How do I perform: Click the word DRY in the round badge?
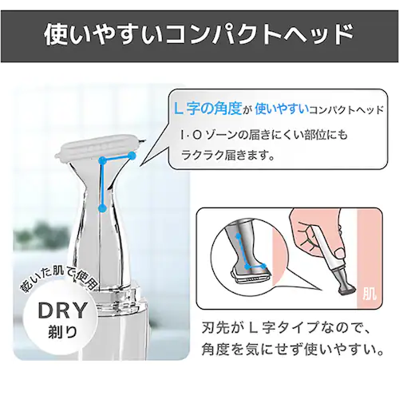63,310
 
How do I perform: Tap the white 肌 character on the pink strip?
369,294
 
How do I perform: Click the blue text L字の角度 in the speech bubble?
207,109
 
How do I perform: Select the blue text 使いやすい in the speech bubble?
282,109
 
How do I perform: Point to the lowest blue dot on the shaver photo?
102,208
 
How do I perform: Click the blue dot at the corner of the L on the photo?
102,160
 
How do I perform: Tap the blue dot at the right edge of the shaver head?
132,156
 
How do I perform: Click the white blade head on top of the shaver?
98,149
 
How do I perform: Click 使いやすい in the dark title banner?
103,35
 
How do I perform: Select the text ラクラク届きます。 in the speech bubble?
227,155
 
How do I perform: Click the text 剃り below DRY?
63,332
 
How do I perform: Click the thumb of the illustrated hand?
339,253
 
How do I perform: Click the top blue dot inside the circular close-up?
238,235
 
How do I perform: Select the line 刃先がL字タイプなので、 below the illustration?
285,328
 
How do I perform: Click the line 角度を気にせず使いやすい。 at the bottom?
292,350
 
